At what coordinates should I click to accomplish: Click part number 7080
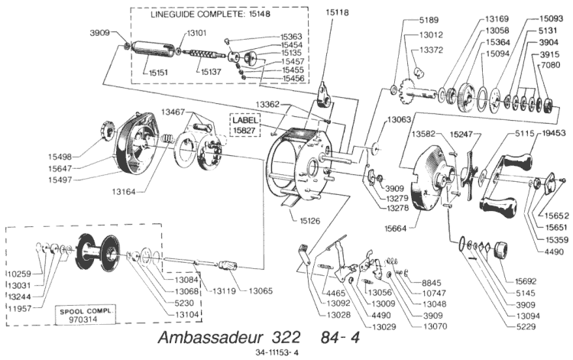click(557, 67)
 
